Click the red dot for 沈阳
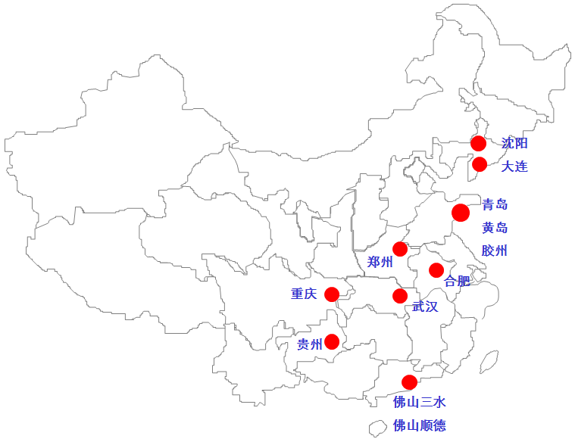pyautogui.click(x=478, y=143)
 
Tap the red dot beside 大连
pyautogui.click(x=480, y=164)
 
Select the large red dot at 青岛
pyautogui.click(x=461, y=213)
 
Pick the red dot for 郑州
pyautogui.click(x=400, y=249)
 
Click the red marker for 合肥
pyautogui.click(x=436, y=270)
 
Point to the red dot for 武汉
pyautogui.click(x=400, y=296)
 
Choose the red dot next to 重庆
pyautogui.click(x=332, y=294)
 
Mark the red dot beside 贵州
pyautogui.click(x=332, y=341)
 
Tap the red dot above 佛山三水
pyautogui.click(x=409, y=382)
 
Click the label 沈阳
pyautogui.click(x=514, y=143)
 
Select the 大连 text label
pyautogui.click(x=514, y=166)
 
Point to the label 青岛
pyautogui.click(x=495, y=204)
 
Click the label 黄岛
pyautogui.click(x=495, y=228)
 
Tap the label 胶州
pyautogui.click(x=495, y=251)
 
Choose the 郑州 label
pyautogui.click(x=380, y=263)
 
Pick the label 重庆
pyautogui.click(x=304, y=294)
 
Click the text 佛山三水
pyautogui.click(x=419, y=402)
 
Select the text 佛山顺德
pyautogui.click(x=419, y=425)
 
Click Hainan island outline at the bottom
pyautogui.click(x=377, y=428)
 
